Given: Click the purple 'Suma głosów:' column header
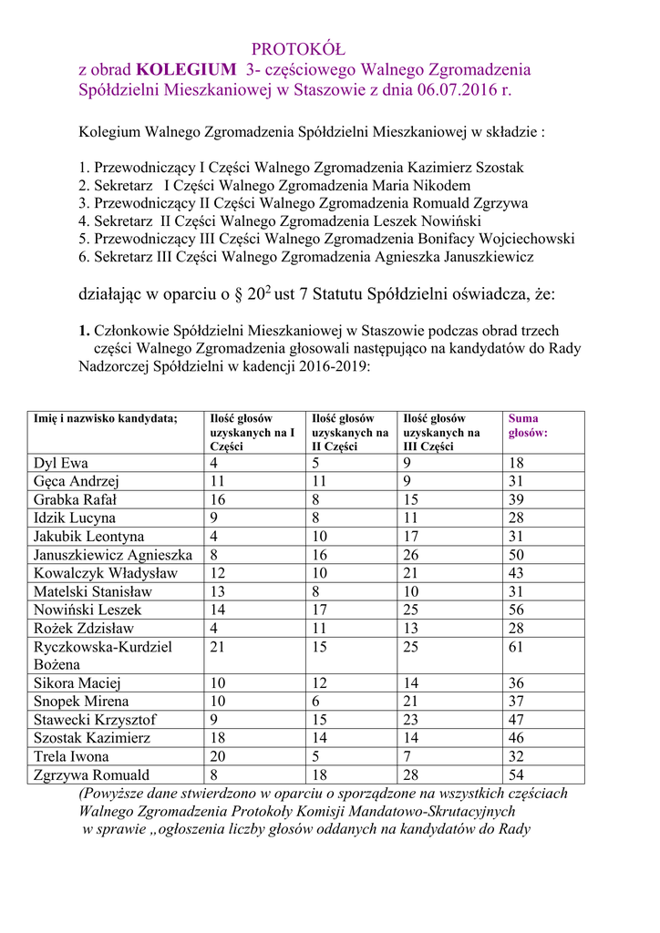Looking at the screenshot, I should tap(528, 425).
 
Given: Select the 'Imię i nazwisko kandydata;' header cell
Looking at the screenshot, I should tap(105, 418).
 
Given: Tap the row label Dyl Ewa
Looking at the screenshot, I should tap(61, 463).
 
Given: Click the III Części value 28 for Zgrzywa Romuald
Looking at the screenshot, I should tap(412, 774).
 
